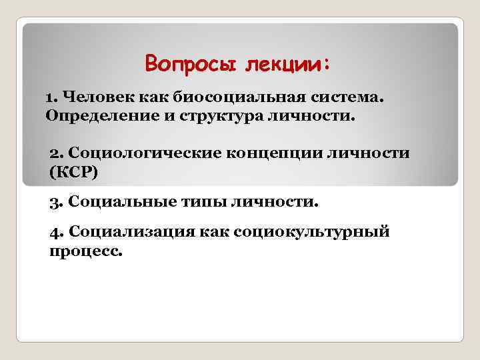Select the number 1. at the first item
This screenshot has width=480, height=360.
[51, 98]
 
